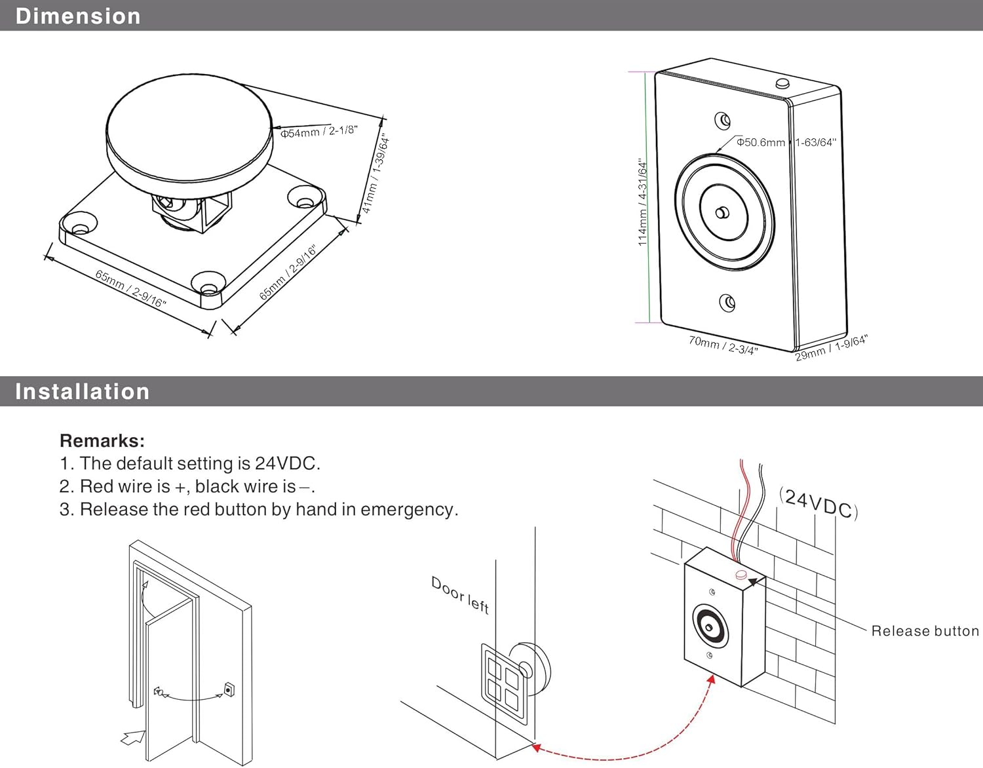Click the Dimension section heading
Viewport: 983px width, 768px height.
click(x=77, y=16)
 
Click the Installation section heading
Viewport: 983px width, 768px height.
click(x=82, y=391)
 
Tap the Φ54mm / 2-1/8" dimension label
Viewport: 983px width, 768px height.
click(x=318, y=132)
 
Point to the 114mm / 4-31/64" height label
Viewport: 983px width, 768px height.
click(x=643, y=202)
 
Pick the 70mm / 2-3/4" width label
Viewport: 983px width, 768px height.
click(x=723, y=345)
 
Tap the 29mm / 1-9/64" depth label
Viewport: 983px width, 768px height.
click(x=831, y=348)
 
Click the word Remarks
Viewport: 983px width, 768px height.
click(x=102, y=440)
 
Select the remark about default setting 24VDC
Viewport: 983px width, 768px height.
click(x=189, y=463)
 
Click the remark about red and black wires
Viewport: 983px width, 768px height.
click(x=187, y=486)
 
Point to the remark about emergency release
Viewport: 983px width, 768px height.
click(x=259, y=509)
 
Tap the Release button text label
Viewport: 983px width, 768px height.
click(x=925, y=631)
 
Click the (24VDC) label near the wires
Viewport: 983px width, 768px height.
click(x=819, y=503)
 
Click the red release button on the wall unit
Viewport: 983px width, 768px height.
click(x=741, y=575)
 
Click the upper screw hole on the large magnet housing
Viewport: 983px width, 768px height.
click(x=722, y=121)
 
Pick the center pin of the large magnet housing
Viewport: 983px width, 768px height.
click(x=722, y=212)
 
